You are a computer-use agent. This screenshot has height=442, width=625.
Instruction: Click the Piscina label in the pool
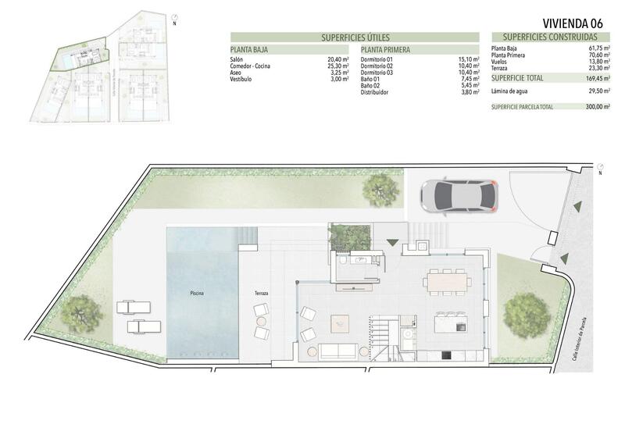click(198, 294)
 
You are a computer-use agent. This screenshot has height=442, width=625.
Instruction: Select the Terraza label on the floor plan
click(261, 294)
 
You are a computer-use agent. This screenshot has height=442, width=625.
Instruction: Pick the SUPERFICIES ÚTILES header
click(355, 37)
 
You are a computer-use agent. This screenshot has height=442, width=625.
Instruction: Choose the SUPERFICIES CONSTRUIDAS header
click(550, 37)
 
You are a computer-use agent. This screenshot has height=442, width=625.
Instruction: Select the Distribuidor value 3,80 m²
click(469, 92)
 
